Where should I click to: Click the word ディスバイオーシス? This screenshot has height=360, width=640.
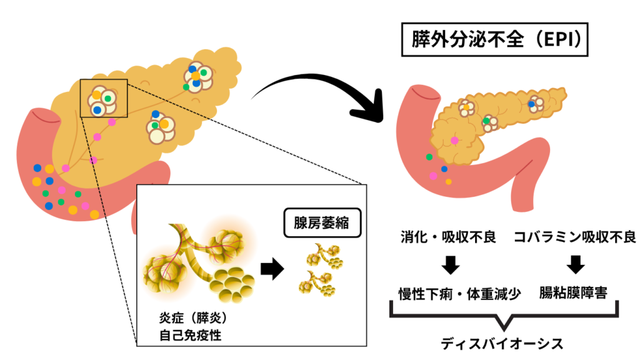click(504, 343)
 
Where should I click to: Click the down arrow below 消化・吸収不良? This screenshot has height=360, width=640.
click(449, 265)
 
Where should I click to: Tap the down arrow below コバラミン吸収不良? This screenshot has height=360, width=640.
click(576, 265)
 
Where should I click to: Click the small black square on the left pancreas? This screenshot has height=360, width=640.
click(104, 98)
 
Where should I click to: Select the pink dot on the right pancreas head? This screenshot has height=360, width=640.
click(454, 140)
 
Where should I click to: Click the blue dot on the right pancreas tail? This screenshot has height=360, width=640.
click(532, 104)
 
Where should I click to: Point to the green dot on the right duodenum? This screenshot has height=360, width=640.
click(429, 156)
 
